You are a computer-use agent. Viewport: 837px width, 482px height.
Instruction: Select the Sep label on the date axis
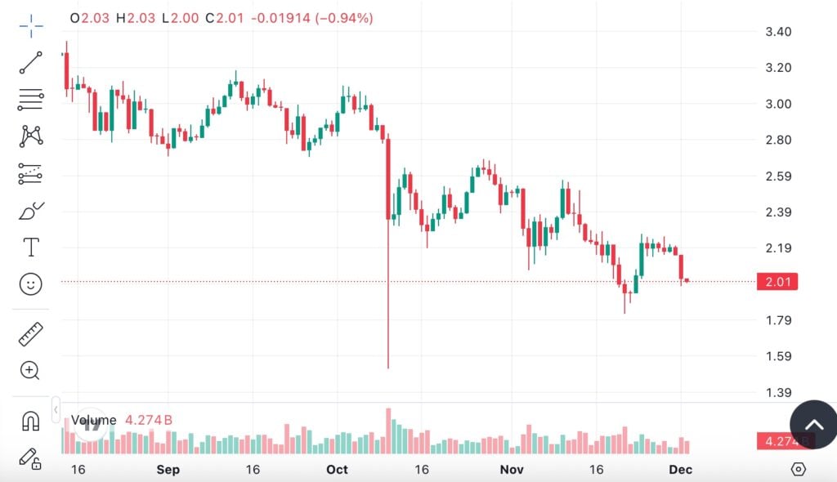pos(168,470)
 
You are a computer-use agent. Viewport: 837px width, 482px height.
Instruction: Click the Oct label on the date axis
pos(337,470)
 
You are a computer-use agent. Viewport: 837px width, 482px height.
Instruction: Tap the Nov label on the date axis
pos(512,470)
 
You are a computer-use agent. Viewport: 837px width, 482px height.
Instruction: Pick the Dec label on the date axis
pos(681,470)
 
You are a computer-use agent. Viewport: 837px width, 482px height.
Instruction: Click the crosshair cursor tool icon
pos(31,26)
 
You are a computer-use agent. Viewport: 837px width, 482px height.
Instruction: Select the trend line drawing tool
pos(31,63)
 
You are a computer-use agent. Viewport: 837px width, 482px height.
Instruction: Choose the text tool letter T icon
pos(31,247)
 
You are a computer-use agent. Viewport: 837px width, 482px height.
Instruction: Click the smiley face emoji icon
pos(31,284)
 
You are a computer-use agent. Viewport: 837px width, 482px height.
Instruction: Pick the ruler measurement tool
pos(31,333)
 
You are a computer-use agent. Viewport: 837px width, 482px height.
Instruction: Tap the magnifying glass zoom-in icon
pos(31,371)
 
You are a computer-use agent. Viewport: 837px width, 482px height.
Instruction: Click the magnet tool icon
pos(31,421)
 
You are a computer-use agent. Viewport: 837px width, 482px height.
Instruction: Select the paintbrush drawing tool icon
pos(31,211)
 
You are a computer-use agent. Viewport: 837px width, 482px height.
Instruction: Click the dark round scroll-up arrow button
pos(813,424)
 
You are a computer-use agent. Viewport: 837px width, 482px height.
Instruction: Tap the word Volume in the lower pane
pos(93,421)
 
